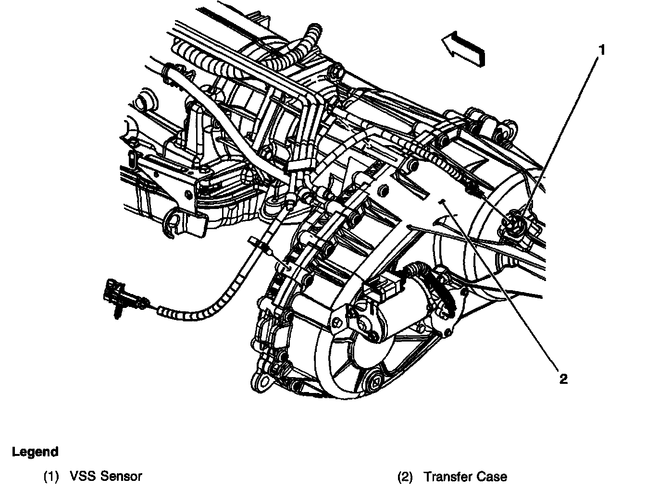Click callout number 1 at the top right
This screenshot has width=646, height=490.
(x=601, y=50)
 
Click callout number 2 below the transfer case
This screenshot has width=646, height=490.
(x=563, y=379)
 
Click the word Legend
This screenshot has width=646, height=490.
(x=35, y=452)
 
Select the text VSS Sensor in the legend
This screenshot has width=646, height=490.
(x=106, y=477)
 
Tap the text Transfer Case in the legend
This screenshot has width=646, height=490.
(x=465, y=477)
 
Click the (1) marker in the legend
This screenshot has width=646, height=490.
(x=51, y=477)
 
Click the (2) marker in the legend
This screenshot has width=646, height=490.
(x=405, y=477)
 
